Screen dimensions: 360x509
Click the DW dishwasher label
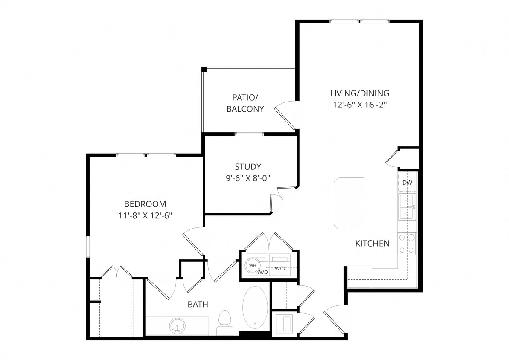coord(407,183)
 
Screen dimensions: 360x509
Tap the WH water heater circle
coord(253,265)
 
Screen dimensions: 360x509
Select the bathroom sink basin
coord(177,326)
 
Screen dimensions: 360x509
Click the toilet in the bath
coord(224,322)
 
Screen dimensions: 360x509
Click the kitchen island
coord(349,203)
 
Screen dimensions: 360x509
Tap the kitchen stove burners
coord(407,244)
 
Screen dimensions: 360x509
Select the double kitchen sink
coord(407,207)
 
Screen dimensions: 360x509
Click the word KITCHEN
coord(372,244)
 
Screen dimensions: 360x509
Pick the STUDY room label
coord(248,167)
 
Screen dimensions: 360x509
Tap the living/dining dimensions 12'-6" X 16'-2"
coord(360,105)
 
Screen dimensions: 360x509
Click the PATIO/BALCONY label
coord(245,103)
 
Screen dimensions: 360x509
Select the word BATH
coord(198,305)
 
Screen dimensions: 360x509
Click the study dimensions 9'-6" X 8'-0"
coord(248,178)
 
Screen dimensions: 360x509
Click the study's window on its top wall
coord(249,134)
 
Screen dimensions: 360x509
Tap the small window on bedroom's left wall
coord(88,247)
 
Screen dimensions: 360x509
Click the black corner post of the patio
coord(204,69)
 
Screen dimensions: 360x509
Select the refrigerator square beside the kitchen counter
coord(359,276)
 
